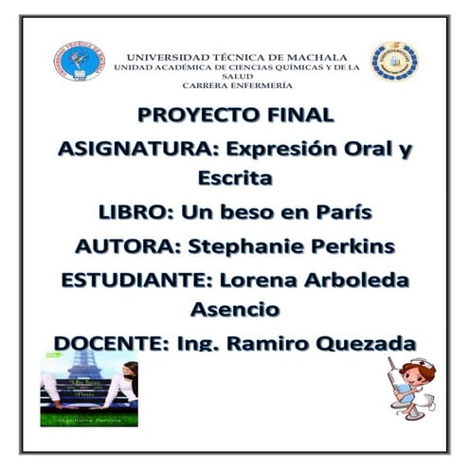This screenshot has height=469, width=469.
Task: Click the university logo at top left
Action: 80,61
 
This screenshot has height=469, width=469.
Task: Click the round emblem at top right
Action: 395,62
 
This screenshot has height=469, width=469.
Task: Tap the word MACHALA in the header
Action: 315,57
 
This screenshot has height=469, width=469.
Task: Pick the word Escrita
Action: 234,177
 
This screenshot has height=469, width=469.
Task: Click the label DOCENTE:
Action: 111,342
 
